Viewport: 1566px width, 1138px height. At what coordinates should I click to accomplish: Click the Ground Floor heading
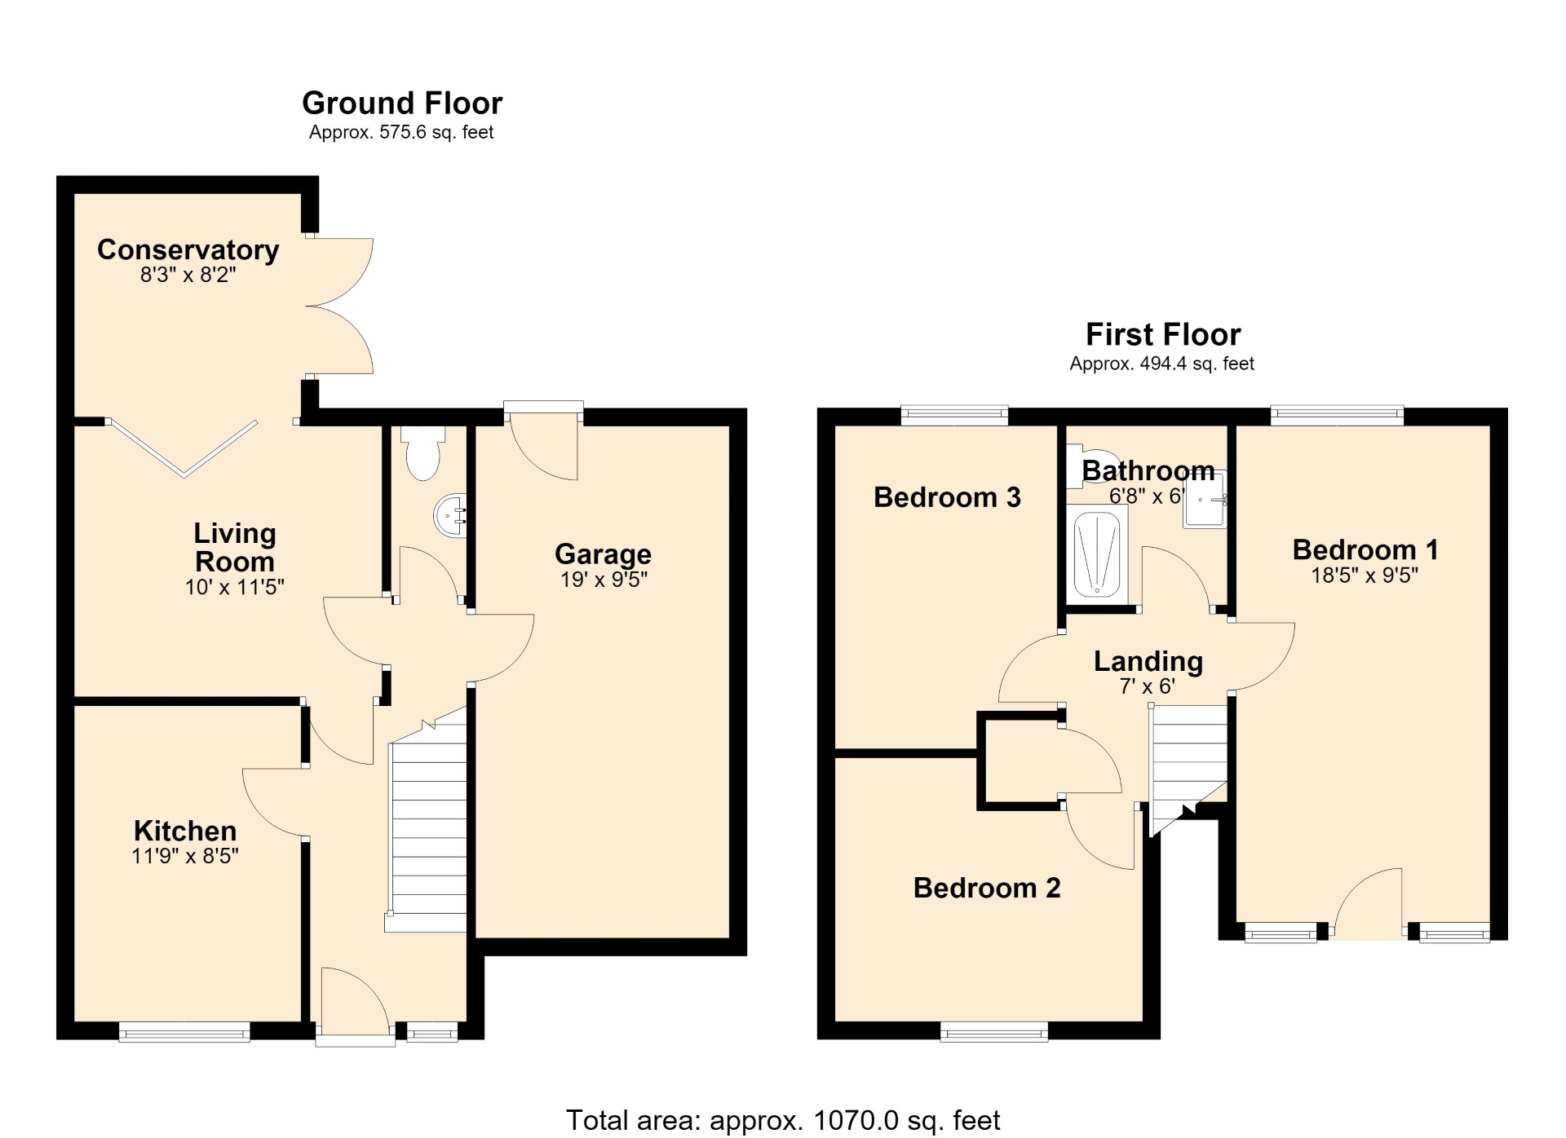(402, 104)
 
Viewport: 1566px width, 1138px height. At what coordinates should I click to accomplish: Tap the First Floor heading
(1163, 335)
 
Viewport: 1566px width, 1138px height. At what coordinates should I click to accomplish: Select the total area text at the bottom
(783, 1120)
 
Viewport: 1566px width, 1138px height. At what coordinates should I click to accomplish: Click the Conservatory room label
(188, 249)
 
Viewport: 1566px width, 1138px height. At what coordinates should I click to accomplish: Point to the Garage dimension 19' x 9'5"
(604, 580)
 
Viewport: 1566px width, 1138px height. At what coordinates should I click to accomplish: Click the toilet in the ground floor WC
(422, 452)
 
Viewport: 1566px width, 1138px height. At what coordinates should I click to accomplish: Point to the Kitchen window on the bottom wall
(184, 1032)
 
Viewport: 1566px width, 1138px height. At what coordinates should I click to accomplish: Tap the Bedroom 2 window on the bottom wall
(994, 1032)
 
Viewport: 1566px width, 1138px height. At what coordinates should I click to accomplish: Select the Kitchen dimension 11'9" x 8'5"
(185, 856)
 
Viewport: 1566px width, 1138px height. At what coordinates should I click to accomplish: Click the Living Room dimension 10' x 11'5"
(234, 587)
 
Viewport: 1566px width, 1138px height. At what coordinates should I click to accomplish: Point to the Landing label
(1148, 661)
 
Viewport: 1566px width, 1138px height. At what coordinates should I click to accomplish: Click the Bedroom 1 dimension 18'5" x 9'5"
(1365, 576)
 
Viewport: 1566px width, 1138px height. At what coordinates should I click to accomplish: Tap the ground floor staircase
(427, 823)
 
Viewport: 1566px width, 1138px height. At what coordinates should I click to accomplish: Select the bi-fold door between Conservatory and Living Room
(184, 448)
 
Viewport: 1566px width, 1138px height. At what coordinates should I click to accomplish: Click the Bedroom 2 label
(987, 888)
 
